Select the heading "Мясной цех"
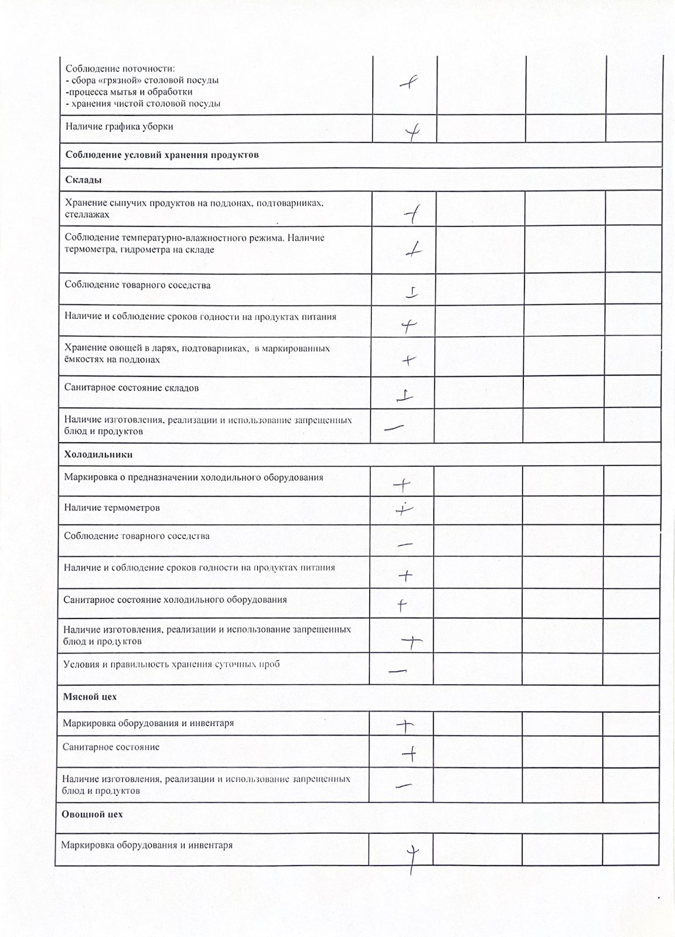(x=90, y=697)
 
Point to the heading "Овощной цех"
(x=92, y=814)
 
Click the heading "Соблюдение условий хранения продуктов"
(x=162, y=155)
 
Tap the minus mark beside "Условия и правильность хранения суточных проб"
(x=398, y=671)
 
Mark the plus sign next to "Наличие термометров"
(x=404, y=510)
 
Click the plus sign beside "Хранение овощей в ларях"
(x=408, y=360)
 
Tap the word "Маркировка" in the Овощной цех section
(x=87, y=845)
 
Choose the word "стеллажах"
(x=87, y=214)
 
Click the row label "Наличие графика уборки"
(x=119, y=126)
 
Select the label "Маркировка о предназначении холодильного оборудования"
(x=193, y=477)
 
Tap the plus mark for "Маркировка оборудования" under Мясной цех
(x=405, y=726)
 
